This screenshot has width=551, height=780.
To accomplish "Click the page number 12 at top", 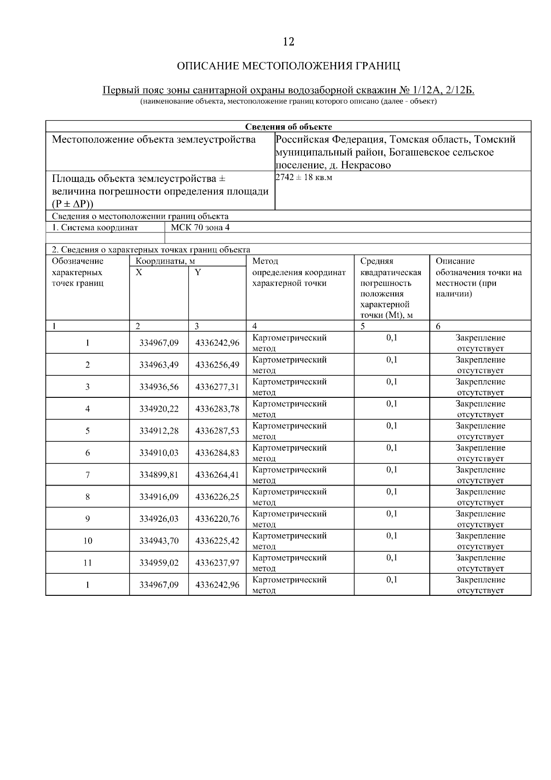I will [x=288, y=42].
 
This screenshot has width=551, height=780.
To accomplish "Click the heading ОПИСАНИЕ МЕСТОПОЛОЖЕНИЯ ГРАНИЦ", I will [x=288, y=66].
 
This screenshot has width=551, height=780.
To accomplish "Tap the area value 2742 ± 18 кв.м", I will [x=304, y=177].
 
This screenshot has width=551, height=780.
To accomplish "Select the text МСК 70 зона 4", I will [x=200, y=227].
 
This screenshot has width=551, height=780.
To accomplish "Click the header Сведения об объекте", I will [x=288, y=127].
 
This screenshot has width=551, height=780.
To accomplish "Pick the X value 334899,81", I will [x=159, y=475].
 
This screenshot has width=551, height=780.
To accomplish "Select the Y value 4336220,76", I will [x=217, y=519].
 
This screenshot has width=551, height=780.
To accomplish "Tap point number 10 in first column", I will [x=88, y=541].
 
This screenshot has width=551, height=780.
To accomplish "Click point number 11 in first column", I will [x=88, y=563].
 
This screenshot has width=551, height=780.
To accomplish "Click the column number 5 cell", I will [x=363, y=326].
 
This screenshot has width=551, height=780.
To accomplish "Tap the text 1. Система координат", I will [x=95, y=227].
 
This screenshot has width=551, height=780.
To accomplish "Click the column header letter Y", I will [x=198, y=272].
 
